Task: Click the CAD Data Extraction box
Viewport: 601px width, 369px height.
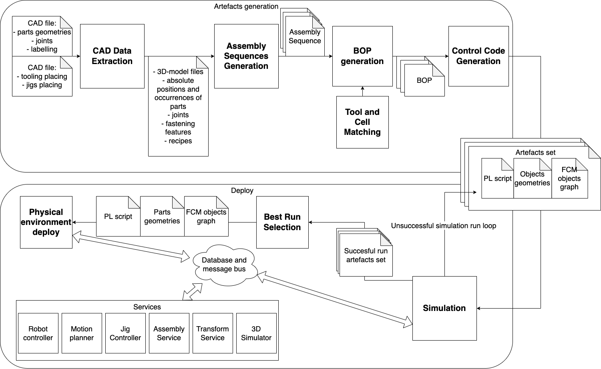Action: tap(112, 56)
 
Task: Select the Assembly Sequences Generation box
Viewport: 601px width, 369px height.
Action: tap(246, 56)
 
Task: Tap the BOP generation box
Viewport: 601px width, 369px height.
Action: tap(362, 56)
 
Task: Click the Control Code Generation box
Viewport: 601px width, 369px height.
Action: tap(478, 56)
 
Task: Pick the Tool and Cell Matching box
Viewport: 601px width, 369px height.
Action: tap(362, 122)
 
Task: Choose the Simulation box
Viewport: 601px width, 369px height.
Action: tap(444, 308)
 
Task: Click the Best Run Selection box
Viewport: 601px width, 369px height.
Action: tap(282, 222)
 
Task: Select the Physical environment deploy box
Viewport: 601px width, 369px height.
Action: tap(46, 222)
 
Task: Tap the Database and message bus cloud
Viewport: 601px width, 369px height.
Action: tap(224, 265)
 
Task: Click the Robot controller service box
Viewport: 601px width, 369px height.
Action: tap(38, 333)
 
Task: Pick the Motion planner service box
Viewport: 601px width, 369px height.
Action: tap(82, 333)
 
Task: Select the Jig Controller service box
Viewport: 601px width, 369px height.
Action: tap(125, 333)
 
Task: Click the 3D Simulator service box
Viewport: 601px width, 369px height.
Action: tap(256, 333)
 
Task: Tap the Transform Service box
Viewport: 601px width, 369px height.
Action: tap(213, 333)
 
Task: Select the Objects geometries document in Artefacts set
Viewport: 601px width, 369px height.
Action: tap(532, 179)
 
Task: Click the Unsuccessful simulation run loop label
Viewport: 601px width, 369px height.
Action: tap(444, 226)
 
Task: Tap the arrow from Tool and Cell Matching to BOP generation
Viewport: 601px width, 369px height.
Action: tap(362, 91)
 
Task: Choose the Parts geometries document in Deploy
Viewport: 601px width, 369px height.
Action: tap(162, 217)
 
